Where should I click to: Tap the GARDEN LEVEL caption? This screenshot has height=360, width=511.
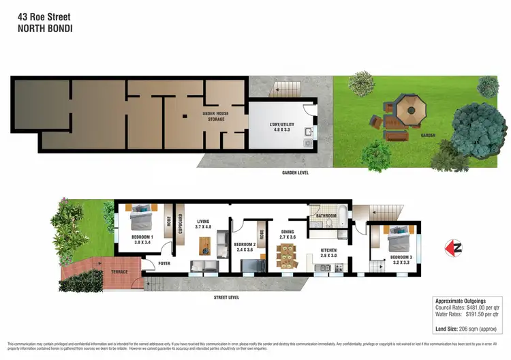(x=295, y=172)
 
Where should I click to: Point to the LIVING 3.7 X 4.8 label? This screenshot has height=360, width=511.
(x=204, y=224)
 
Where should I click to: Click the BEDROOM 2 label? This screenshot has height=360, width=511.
(x=244, y=247)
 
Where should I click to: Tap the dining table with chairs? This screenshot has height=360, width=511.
(x=287, y=257)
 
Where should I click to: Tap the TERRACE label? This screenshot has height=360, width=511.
(x=119, y=271)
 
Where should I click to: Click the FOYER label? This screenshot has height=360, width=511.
(x=164, y=262)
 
